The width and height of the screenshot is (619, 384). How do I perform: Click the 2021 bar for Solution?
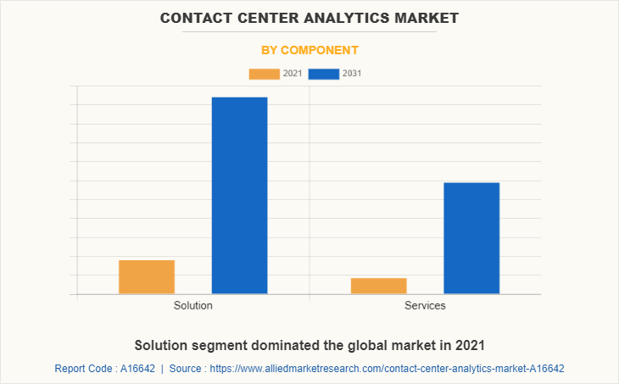[x=147, y=277]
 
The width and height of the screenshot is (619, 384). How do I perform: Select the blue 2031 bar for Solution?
[x=239, y=195]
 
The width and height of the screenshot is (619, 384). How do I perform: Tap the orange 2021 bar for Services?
[x=378, y=286]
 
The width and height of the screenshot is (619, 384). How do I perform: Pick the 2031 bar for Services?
[x=471, y=238]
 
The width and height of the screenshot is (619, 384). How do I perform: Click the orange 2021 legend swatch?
[x=264, y=74]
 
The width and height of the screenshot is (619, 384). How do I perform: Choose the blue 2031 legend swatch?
[x=324, y=74]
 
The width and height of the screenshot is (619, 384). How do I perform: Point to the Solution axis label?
[x=193, y=305]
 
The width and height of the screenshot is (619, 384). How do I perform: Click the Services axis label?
[x=425, y=305]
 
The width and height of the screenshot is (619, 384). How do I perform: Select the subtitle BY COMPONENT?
[x=309, y=50]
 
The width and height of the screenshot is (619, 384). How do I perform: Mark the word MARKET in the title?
[x=429, y=17]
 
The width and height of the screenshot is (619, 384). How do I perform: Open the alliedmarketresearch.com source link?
[x=387, y=369]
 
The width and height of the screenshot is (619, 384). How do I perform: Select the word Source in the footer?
[x=187, y=369]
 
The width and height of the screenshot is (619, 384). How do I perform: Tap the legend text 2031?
[x=352, y=74]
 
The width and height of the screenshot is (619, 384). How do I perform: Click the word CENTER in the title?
[x=266, y=17]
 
